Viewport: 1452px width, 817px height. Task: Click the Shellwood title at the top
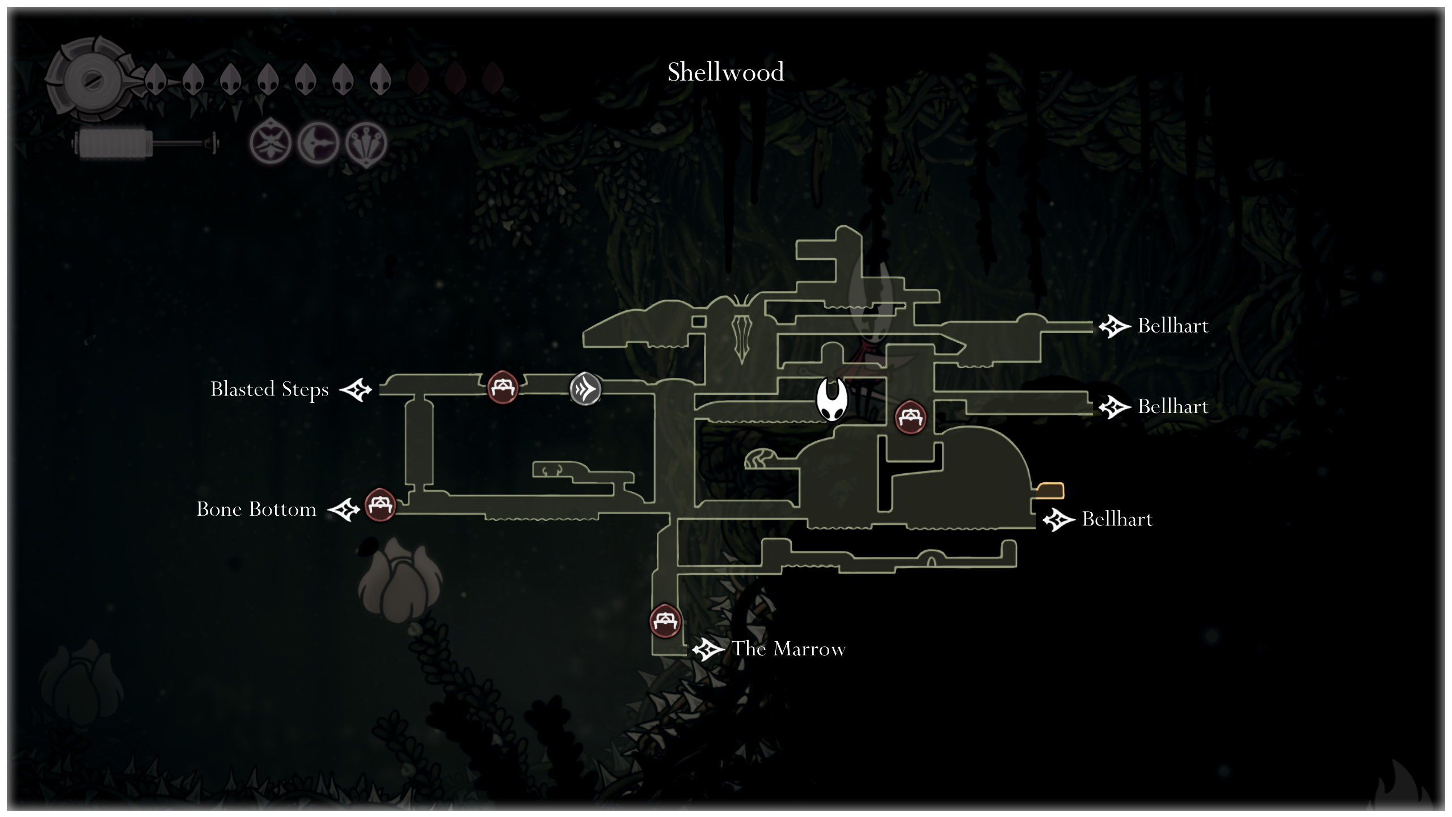[725, 72]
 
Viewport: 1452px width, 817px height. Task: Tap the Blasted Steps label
[269, 389]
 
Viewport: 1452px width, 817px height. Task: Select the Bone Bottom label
[256, 509]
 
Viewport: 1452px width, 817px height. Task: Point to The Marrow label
[788, 648]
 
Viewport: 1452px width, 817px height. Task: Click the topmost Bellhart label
[1173, 326]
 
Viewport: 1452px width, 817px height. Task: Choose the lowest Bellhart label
[1117, 519]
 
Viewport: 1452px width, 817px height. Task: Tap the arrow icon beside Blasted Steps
[356, 390]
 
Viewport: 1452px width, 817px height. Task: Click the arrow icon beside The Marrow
[708, 649]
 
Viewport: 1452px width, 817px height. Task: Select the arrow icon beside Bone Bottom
[344, 509]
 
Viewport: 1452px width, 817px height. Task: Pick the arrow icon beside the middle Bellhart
[1115, 407]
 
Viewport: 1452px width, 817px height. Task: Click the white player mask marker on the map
[831, 399]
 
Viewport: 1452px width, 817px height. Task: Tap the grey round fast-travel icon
[585, 389]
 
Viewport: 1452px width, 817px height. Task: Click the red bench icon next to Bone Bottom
[379, 504]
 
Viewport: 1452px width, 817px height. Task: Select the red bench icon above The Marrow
[665, 621]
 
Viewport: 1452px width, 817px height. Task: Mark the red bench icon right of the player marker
[910, 417]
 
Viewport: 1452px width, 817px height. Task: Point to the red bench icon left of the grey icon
[503, 387]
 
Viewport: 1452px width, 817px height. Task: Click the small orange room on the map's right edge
[1050, 490]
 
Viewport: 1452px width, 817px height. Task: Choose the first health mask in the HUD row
[155, 79]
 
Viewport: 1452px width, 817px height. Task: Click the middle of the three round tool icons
[318, 143]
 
